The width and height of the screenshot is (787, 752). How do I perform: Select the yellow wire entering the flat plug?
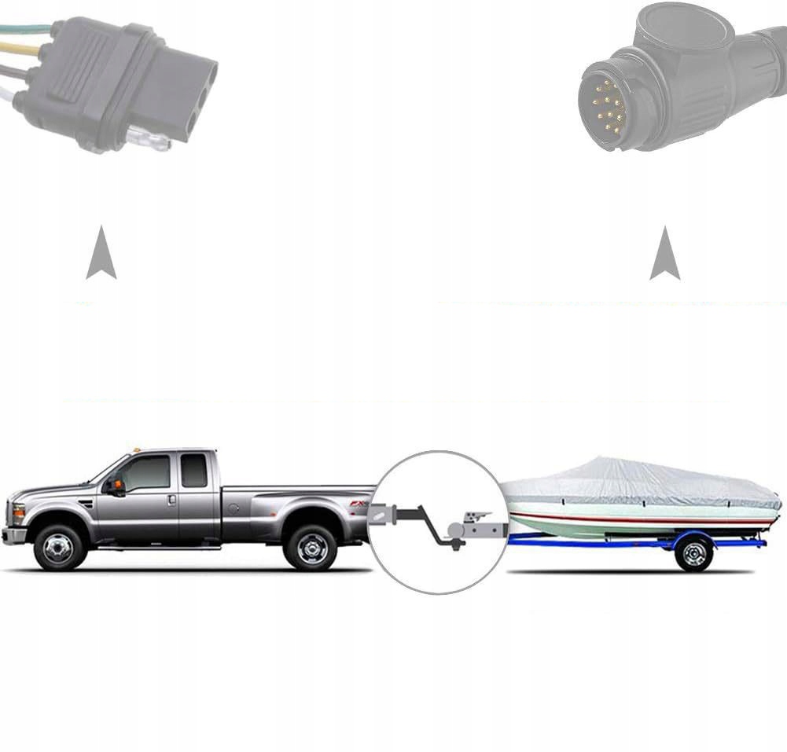pyautogui.click(x=24, y=49)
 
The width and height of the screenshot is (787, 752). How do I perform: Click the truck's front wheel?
pyautogui.click(x=60, y=547)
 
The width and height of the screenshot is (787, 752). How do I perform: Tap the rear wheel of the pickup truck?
pyautogui.click(x=311, y=547)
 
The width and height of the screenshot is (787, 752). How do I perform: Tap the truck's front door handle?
pyautogui.click(x=171, y=500)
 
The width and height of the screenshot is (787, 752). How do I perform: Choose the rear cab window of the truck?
pyautogui.click(x=193, y=470)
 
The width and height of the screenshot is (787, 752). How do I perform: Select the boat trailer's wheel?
pyautogui.click(x=693, y=553)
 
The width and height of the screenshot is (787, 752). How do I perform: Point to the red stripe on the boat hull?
pyautogui.click(x=645, y=519)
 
